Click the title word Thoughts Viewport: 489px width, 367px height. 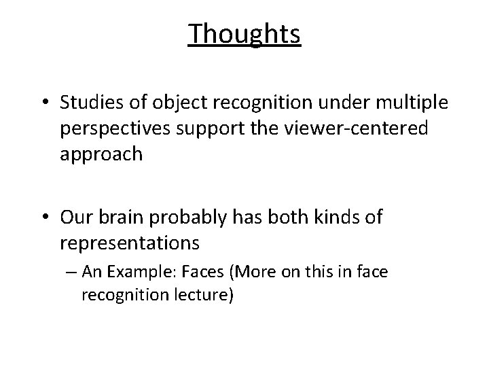244,33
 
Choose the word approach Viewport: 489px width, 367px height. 101,154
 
